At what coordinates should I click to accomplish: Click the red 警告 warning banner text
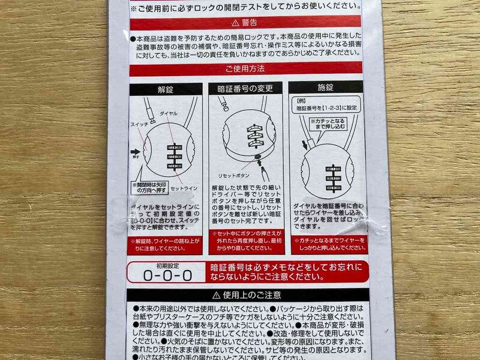245,23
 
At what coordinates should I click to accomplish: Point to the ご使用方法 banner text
246,69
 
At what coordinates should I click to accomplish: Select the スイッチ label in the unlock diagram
139,124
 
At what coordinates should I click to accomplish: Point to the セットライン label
184,188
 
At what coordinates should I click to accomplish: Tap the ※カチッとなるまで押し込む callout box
330,125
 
